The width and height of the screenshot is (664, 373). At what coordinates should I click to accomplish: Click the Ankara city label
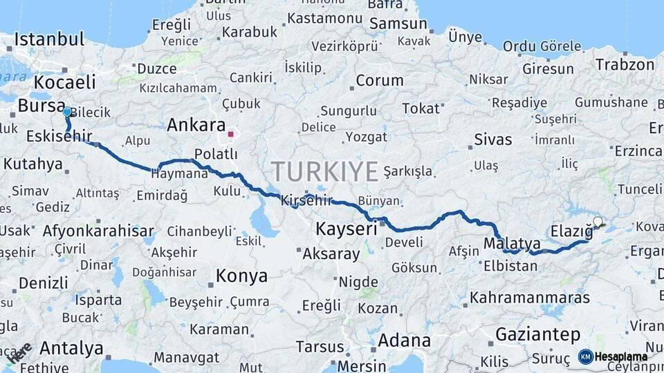196,126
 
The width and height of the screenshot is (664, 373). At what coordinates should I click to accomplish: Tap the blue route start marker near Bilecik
66,111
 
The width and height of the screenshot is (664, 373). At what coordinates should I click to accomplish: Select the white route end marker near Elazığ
598,222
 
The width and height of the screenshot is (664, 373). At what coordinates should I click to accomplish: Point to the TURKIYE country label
324,171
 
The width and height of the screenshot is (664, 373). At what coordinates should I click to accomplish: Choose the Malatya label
512,243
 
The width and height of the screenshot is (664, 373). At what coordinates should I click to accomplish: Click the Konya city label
241,276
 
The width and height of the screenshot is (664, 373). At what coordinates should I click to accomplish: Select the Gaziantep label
537,335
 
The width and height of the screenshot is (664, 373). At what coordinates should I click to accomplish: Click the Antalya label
71,347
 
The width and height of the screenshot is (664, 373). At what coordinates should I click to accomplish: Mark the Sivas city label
493,140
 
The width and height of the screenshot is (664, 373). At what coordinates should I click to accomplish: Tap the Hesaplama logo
613,356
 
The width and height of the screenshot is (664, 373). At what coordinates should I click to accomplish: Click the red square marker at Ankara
231,135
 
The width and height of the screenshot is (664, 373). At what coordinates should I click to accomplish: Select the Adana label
404,341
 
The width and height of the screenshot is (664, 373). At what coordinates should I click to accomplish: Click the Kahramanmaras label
530,298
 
